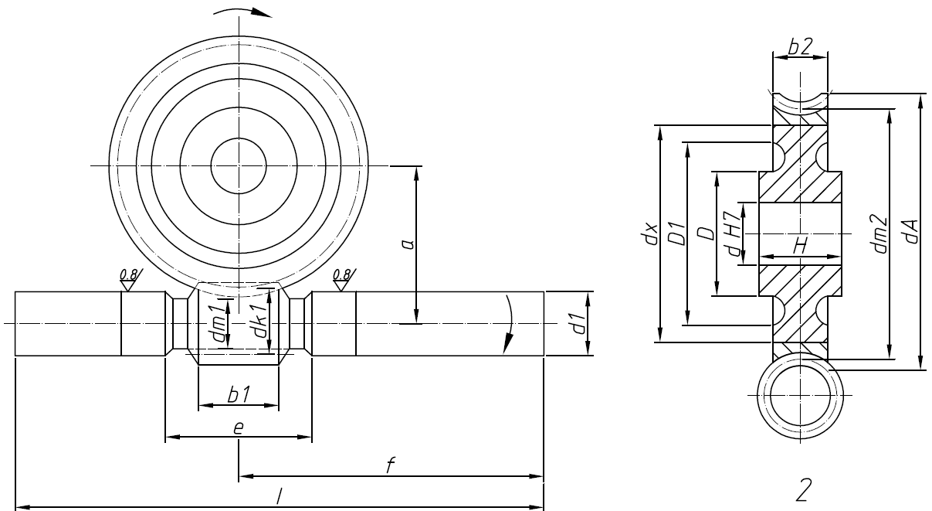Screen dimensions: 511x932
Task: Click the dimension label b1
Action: [x=238, y=393]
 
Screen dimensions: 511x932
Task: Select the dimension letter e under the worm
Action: [x=239, y=428]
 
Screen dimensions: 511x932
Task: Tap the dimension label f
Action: [x=391, y=465]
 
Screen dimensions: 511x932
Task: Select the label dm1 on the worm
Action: [x=219, y=322]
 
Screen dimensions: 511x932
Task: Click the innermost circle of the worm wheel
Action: [x=239, y=166]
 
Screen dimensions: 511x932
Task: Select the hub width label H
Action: [x=800, y=245]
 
